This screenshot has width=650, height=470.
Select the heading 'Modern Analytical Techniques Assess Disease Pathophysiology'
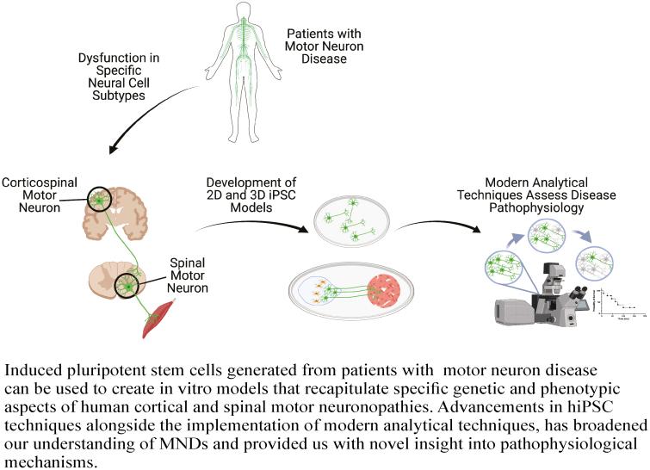point(551,195)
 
